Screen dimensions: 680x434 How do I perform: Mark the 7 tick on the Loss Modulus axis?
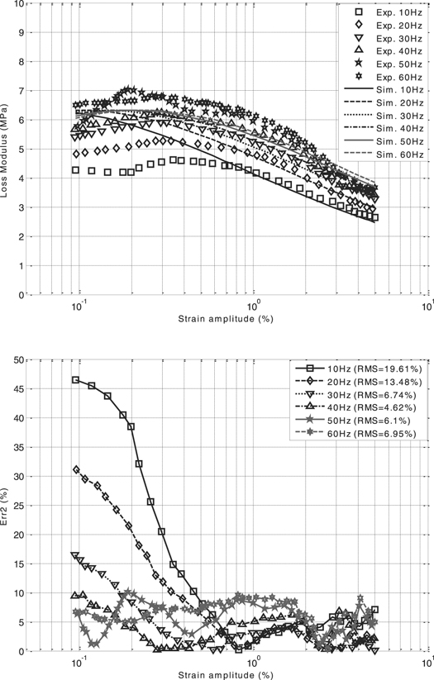pyautogui.click(x=20, y=91)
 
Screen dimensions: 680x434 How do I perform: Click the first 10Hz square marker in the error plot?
pyautogui.click(x=76, y=380)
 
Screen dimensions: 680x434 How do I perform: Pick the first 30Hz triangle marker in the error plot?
pyautogui.click(x=76, y=555)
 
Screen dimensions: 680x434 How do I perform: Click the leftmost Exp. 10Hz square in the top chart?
pyautogui.click(x=76, y=170)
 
